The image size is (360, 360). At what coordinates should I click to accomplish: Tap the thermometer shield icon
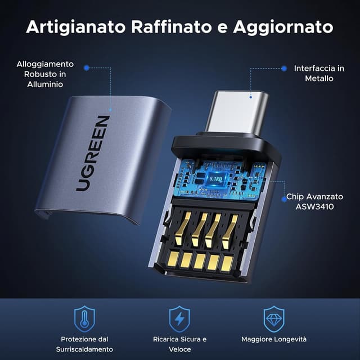click(84, 319)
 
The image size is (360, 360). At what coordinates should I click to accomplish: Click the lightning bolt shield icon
click(179, 319)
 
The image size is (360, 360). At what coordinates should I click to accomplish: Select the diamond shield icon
click(274, 319)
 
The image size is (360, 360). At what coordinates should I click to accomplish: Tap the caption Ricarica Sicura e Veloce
click(179, 344)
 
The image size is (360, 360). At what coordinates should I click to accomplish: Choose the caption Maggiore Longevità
click(274, 339)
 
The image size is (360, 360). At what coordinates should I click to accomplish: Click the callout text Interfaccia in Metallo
click(319, 73)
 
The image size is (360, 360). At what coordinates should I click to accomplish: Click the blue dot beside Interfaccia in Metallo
click(285, 68)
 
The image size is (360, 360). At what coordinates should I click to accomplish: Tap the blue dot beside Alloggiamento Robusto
click(86, 67)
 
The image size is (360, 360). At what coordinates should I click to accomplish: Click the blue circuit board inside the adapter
click(225, 180)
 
